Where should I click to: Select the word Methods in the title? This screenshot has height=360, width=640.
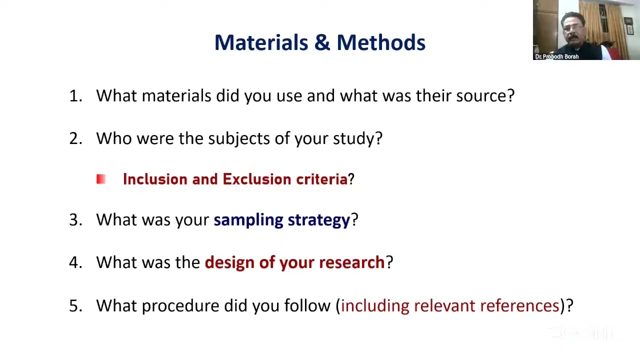tap(381, 42)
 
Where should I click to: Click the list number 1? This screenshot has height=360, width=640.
tap(75, 96)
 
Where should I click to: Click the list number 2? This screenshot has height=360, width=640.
tap(75, 138)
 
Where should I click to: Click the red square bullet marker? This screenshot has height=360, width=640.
tap(101, 179)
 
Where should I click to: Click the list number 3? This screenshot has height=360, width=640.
tap(75, 219)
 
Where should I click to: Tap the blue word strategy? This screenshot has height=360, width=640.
tap(318, 220)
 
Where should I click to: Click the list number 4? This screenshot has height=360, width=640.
tap(75, 262)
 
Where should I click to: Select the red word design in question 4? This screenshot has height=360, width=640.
tap(229, 262)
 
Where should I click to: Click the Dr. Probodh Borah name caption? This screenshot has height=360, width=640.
tap(556, 56)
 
